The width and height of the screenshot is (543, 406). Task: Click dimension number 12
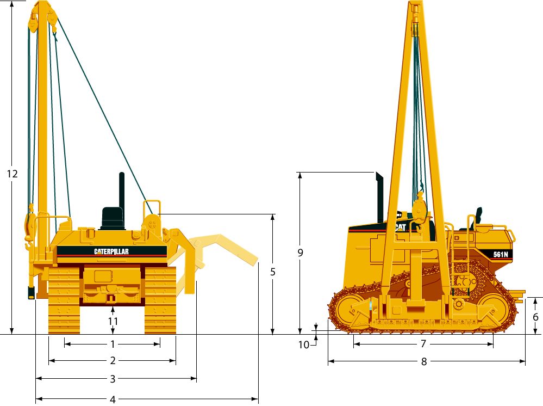coord(12,174)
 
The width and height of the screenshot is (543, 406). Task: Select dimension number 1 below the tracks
coord(113,344)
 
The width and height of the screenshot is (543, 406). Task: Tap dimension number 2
coord(113,361)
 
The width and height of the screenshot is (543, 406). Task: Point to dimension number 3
coord(113,379)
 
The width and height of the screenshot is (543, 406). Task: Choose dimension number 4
coord(113,399)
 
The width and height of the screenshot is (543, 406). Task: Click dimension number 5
coord(273,272)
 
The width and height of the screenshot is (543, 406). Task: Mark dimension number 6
coord(535,317)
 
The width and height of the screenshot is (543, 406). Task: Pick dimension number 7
coord(423,343)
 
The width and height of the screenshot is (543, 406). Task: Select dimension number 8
coord(424,361)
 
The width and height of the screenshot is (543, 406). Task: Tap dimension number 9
coord(300,253)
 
